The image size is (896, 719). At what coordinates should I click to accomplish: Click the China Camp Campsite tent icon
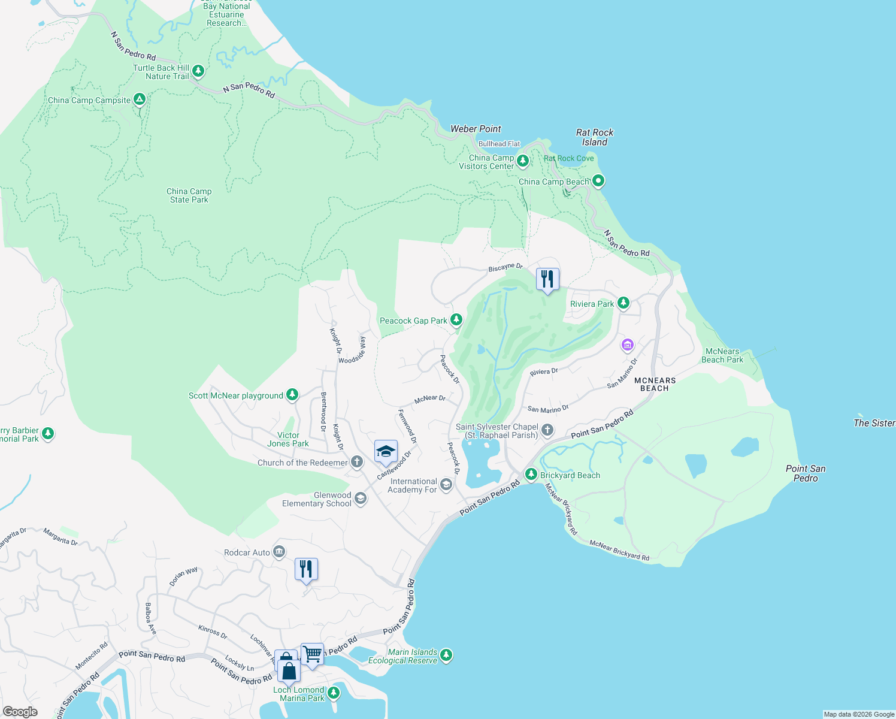pos(139,99)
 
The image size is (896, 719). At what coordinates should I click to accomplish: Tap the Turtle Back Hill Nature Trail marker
pos(198,71)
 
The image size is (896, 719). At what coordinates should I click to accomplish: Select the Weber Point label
pos(476,129)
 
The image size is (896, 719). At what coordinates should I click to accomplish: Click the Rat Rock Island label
pos(595,137)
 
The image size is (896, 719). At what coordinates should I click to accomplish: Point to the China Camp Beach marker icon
pos(598,180)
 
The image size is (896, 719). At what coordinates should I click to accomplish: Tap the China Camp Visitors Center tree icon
pos(523,161)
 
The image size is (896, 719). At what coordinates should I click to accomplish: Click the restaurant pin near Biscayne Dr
pos(547,279)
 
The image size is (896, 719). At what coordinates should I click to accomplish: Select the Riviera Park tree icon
pos(623,303)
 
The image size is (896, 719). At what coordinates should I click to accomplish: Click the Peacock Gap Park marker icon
pos(456,320)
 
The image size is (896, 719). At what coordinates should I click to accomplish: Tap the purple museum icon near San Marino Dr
pos(627,345)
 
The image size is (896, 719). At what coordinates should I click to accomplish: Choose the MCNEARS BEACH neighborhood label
pos(655,384)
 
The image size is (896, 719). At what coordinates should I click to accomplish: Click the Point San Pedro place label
pos(806,473)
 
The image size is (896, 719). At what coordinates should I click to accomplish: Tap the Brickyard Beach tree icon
pos(531,475)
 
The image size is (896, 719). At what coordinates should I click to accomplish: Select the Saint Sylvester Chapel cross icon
pos(547,430)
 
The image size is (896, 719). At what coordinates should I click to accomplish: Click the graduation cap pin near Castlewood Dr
pos(386,452)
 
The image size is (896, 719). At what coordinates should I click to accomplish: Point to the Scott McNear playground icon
pos(292,395)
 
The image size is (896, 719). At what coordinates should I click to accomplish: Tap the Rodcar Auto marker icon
pos(279,552)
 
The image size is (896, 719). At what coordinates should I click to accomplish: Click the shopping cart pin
pos(312,654)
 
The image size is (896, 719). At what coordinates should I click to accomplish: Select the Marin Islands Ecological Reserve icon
pos(446,655)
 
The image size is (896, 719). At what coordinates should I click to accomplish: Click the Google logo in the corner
pos(20,711)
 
